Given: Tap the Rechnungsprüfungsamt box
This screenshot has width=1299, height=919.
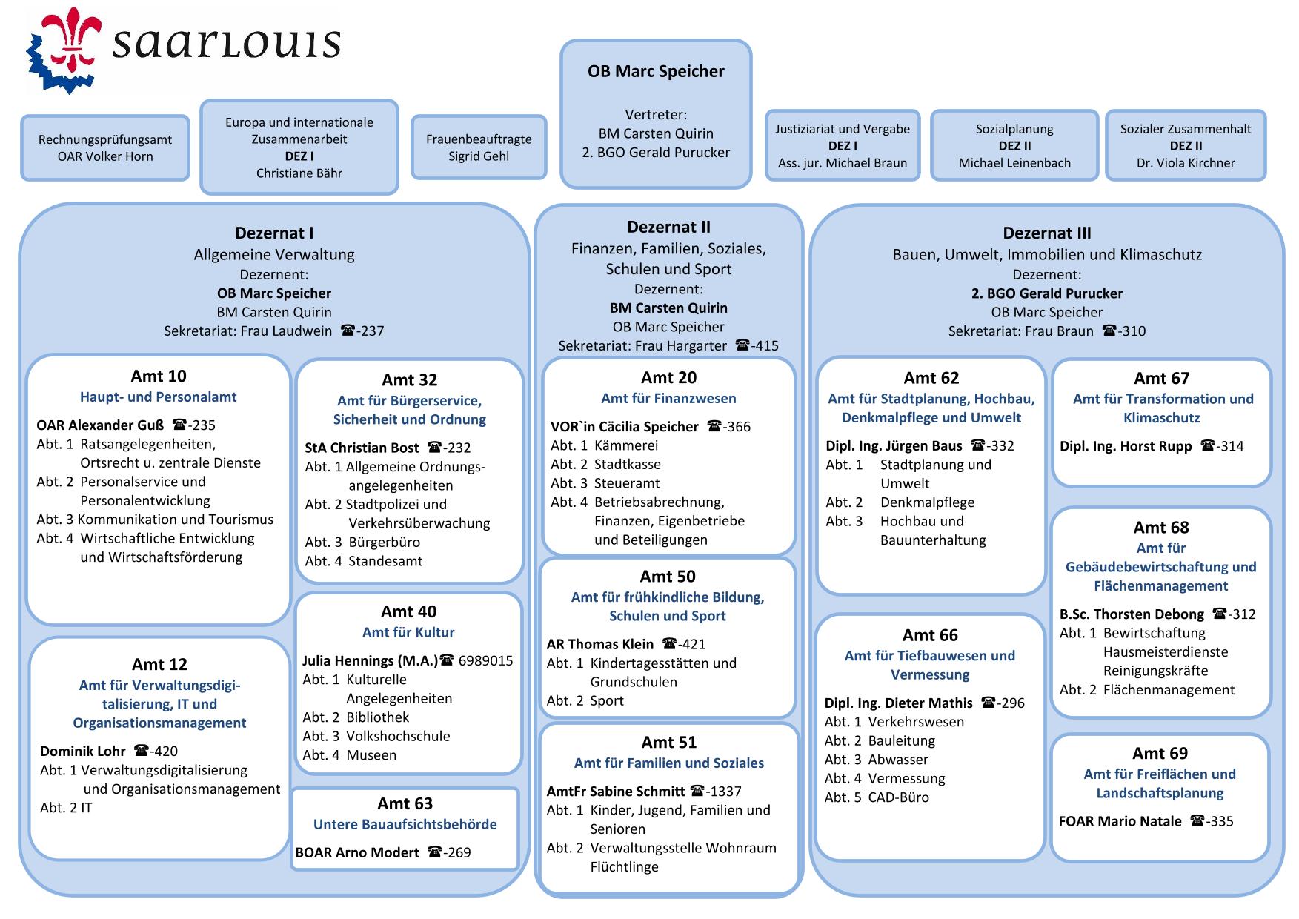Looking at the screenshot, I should point(105,147).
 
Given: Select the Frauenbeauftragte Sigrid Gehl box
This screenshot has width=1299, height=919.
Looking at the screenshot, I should point(479,147).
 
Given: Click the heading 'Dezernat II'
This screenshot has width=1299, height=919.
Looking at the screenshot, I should point(668,227).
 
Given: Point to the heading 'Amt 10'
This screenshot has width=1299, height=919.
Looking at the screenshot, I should point(159,376).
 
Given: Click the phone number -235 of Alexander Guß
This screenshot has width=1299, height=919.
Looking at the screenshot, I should point(194,425).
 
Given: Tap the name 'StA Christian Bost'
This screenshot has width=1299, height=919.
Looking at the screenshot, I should point(362,448).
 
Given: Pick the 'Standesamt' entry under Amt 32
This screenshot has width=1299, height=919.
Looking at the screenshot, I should point(385,561).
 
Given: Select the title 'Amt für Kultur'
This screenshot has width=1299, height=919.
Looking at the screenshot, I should point(408,632).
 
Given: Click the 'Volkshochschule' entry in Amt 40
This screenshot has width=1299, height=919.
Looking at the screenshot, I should point(398,736).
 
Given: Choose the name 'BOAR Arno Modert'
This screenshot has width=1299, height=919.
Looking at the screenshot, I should point(357,852).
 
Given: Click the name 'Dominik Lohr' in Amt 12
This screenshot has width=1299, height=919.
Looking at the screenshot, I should point(83,751).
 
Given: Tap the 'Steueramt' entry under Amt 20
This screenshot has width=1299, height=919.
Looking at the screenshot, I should point(627,483).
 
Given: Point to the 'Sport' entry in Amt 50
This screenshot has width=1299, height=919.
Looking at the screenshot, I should point(607,700).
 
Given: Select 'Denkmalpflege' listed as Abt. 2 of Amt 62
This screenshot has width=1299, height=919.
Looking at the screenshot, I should point(927,502).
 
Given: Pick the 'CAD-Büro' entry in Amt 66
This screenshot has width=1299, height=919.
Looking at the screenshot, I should point(898,797).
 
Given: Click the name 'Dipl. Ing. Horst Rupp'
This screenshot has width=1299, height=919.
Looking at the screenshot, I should point(1126,446).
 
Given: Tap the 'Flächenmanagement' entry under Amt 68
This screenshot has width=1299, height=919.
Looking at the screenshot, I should point(1169,690).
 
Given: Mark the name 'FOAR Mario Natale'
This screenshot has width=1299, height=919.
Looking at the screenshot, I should point(1120,821).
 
